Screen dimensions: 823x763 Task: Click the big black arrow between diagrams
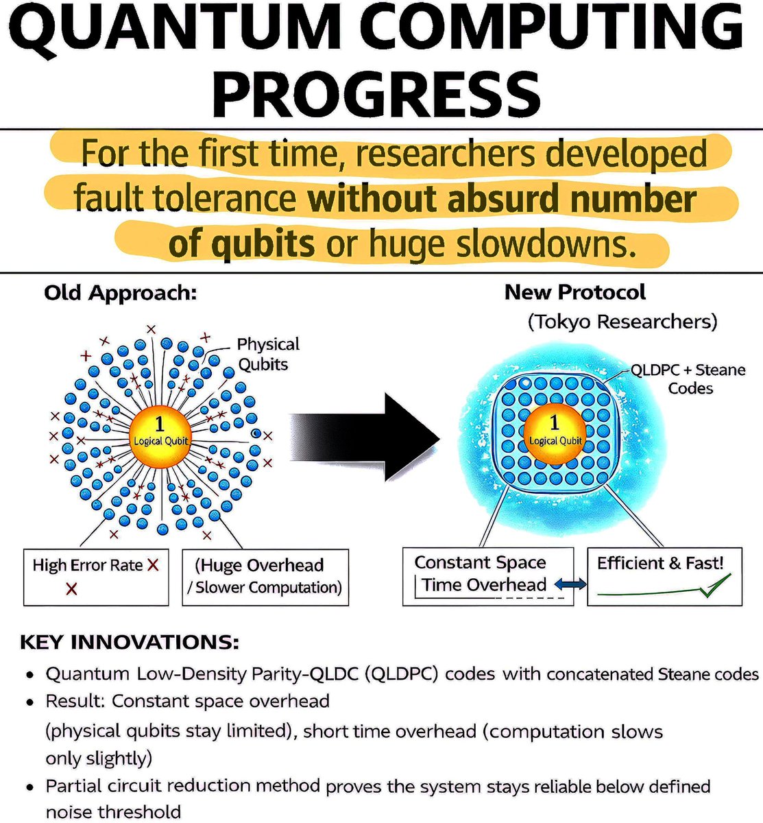click(x=370, y=436)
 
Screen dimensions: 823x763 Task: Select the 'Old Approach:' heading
click(x=121, y=293)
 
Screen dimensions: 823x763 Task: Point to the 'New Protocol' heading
click(x=574, y=292)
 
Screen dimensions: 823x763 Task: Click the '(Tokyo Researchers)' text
click(x=622, y=321)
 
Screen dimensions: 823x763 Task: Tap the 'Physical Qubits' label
click(x=268, y=354)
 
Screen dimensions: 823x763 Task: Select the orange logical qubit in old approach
click(x=160, y=433)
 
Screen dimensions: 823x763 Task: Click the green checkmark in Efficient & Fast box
click(x=717, y=584)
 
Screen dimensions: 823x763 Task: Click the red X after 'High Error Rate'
click(x=153, y=565)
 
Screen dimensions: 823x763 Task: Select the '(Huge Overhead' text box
click(x=265, y=576)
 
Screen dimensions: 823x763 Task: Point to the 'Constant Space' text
click(x=480, y=563)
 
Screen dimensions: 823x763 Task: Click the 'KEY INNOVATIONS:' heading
click(x=130, y=643)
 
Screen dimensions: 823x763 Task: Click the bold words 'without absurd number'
click(x=502, y=200)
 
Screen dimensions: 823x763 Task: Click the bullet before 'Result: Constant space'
click(x=31, y=703)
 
